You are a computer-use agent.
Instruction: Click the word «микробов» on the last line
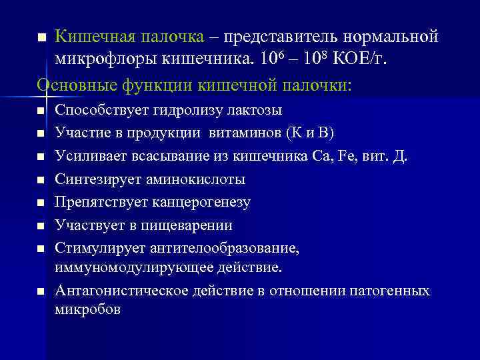click(87, 310)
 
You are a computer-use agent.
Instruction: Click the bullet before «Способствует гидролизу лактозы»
click(41, 111)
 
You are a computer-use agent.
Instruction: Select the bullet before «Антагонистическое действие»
click(41, 292)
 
